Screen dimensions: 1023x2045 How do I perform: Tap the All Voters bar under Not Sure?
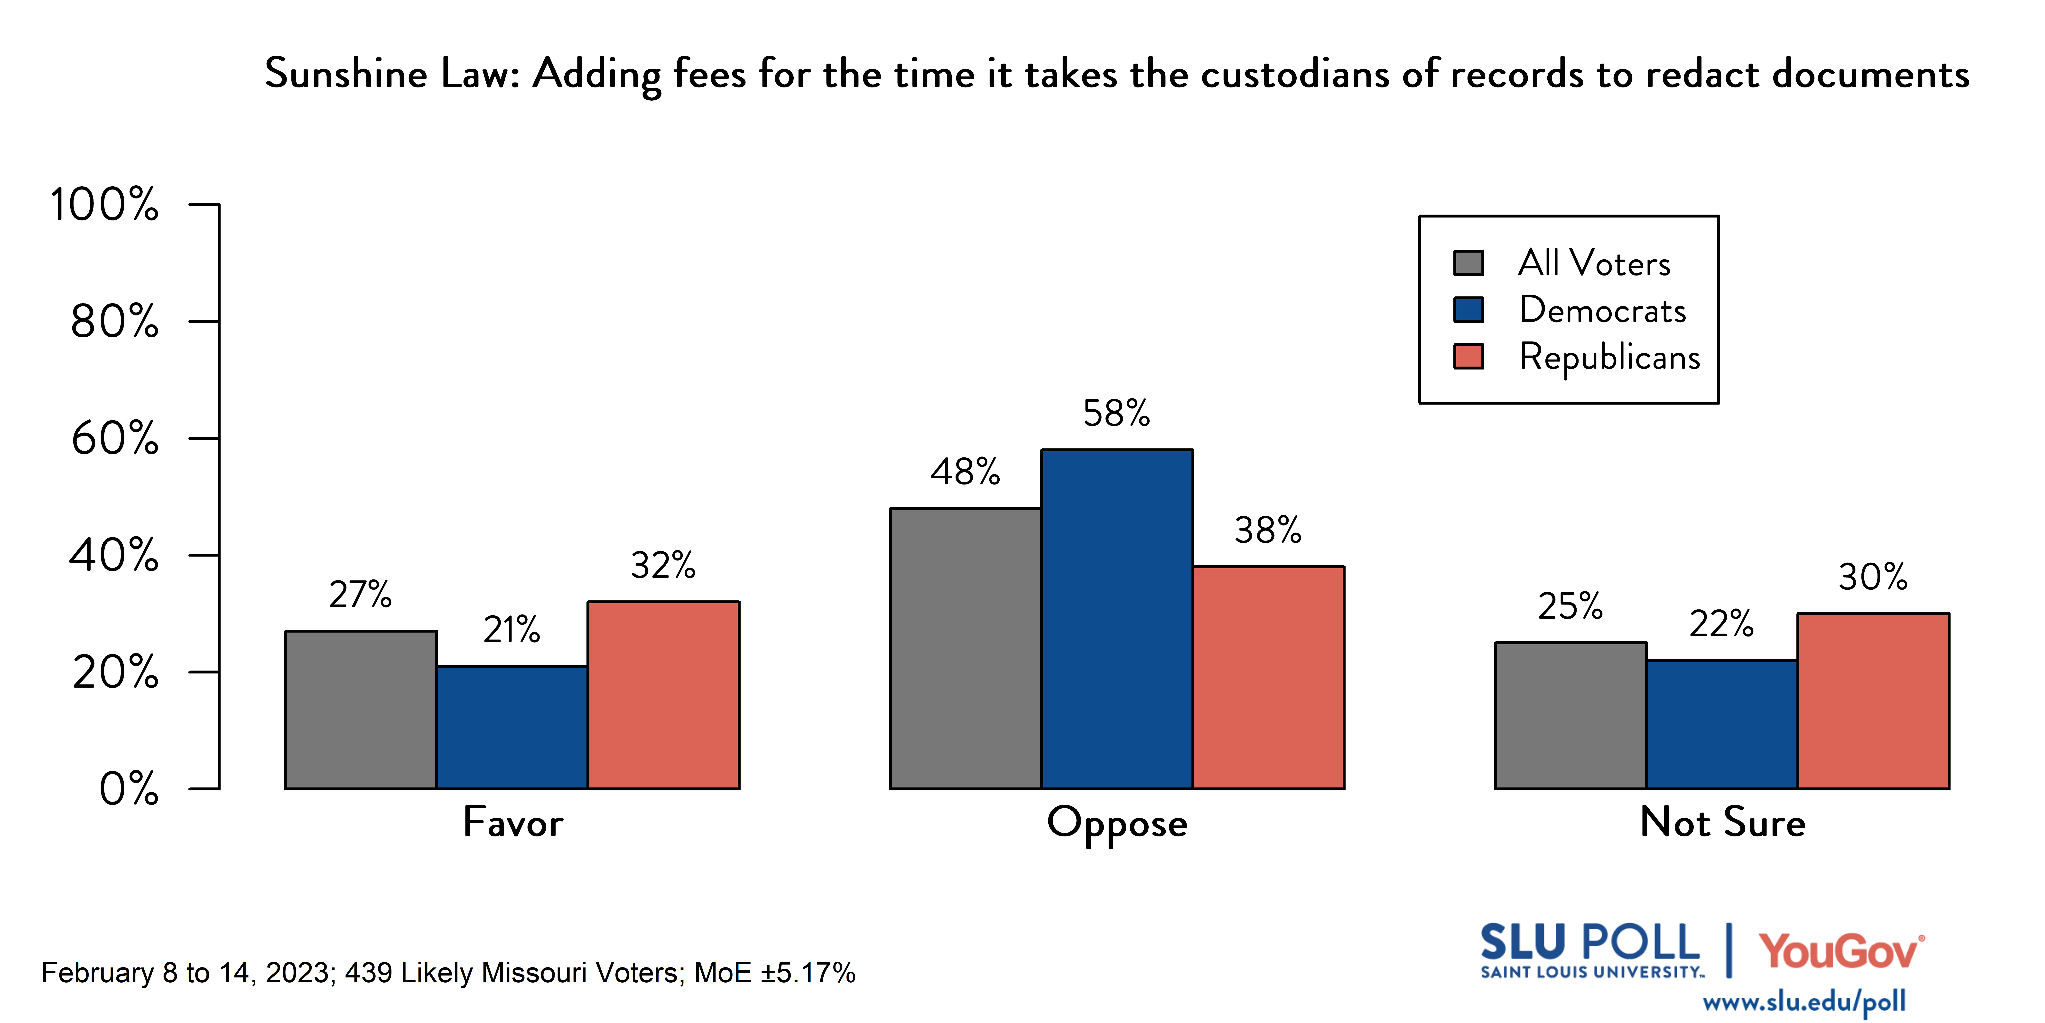(1570, 715)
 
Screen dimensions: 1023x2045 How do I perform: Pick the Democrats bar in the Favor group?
(512, 727)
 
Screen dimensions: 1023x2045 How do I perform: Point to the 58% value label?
(1116, 413)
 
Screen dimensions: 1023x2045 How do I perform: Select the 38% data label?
(1268, 530)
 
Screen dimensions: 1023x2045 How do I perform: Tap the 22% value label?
(1721, 624)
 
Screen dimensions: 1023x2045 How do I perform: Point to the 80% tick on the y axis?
(114, 322)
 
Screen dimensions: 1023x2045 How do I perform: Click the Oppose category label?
(1117, 823)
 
